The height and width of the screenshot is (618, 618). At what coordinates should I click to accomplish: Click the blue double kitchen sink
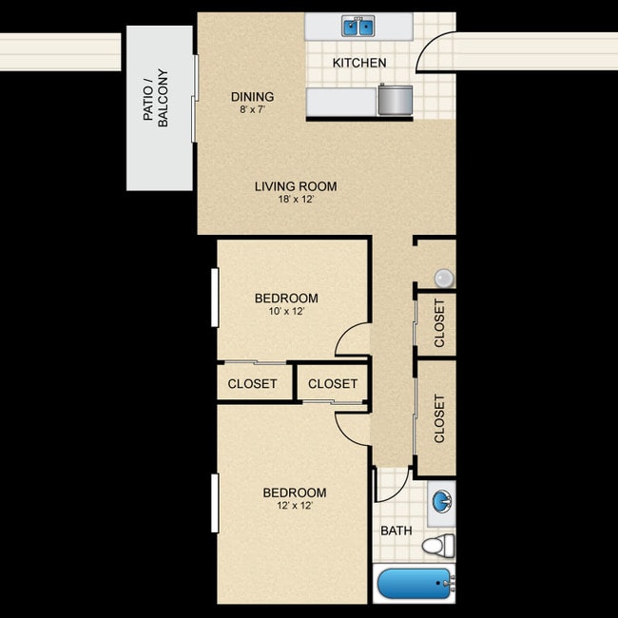point(358,27)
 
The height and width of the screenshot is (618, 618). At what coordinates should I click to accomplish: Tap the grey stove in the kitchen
point(395,99)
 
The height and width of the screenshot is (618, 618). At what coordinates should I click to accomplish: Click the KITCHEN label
point(359,64)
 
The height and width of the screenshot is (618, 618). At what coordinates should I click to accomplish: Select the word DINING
point(253,97)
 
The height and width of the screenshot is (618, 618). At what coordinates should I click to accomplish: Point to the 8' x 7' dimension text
point(253,110)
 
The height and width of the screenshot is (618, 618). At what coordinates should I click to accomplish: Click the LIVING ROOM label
point(296,186)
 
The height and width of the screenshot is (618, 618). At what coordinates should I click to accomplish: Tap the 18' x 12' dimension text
point(296,201)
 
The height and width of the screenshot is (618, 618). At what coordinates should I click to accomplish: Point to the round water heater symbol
point(443,278)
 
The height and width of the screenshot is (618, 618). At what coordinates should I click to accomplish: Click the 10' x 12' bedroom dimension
point(286,311)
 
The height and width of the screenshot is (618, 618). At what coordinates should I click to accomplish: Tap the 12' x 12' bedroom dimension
point(295,506)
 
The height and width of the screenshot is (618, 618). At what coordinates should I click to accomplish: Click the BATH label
point(396,531)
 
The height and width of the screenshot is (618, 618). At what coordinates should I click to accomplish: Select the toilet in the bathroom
point(439,546)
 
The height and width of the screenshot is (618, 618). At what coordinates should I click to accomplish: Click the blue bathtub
point(414,583)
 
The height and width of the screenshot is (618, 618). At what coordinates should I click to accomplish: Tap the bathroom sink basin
point(441,501)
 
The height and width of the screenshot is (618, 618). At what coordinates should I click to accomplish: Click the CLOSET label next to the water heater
point(439,323)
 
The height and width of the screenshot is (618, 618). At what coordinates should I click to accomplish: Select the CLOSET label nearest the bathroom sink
point(439,418)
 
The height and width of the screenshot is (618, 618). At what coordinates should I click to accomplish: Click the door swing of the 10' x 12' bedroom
point(353,340)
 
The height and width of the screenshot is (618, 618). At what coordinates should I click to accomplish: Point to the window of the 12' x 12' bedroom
point(216,505)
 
